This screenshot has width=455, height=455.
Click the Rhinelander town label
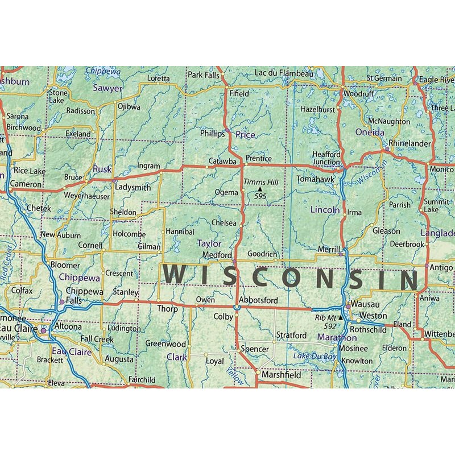coord(409,144)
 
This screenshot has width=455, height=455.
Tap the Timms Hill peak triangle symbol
coord(260,189)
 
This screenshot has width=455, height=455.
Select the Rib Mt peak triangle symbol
coord(341,317)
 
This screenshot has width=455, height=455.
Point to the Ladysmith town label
coord(133,187)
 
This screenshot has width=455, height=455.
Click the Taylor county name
coord(209,243)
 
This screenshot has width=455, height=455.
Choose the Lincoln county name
coord(325,210)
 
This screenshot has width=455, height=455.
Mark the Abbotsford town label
coord(258,301)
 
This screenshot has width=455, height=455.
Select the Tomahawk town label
coord(316,179)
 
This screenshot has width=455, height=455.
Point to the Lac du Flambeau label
coord(284,73)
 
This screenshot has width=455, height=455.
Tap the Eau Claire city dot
coord(42,329)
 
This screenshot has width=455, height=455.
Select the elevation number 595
coord(260,196)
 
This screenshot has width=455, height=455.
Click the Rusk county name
coord(102,169)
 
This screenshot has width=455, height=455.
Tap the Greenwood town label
coord(166,344)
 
